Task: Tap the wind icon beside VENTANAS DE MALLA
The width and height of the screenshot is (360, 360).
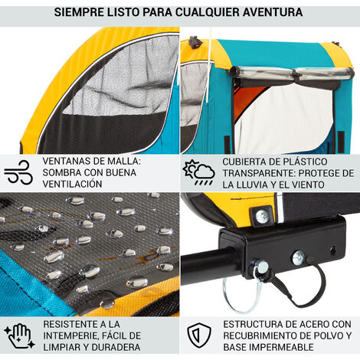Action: tap(18, 172)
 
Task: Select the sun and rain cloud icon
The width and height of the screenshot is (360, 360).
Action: tap(198, 172)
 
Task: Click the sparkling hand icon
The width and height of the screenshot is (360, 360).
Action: tap(20, 335)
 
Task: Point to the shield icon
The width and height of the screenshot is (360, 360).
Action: tap(199, 335)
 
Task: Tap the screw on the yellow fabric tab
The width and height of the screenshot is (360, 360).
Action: tap(261, 214)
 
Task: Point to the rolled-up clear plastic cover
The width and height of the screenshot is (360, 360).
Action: tap(291, 73)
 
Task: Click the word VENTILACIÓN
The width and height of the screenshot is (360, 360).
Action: tap(72, 184)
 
